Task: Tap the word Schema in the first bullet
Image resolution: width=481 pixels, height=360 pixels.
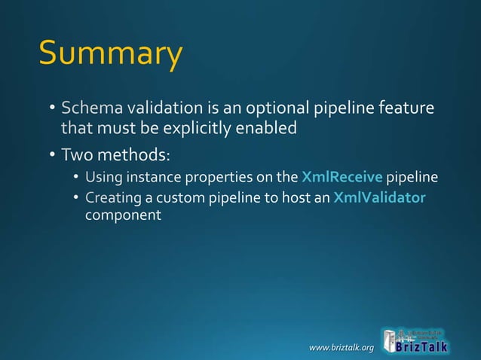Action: click(x=87, y=108)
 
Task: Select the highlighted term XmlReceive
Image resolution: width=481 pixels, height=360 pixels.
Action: click(x=342, y=178)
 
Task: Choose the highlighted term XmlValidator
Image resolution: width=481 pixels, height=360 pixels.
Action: click(x=379, y=198)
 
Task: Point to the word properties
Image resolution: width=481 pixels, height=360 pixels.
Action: click(x=212, y=178)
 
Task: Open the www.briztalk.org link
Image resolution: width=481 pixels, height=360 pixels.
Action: click(x=342, y=347)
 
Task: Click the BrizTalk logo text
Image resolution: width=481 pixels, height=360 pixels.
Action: click(x=424, y=347)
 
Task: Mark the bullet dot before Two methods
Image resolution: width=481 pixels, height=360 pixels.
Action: click(x=51, y=156)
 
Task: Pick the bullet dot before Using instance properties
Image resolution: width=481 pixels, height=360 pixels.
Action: click(x=76, y=178)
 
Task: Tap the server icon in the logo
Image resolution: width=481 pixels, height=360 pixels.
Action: click(x=390, y=340)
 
